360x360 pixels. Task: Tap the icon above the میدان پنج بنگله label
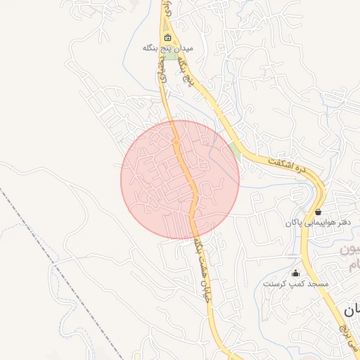pos(167,37)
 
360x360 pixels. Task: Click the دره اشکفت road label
pos(292,167)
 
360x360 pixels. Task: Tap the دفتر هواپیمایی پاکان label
pos(317,222)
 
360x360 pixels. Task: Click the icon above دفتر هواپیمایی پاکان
pos(319,211)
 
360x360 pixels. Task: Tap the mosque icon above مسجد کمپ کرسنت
pos(295,273)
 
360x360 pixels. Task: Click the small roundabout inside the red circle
pos(176,143)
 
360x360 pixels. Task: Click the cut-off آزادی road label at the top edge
pos(167,8)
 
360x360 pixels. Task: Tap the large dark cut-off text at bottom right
pos(352,309)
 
